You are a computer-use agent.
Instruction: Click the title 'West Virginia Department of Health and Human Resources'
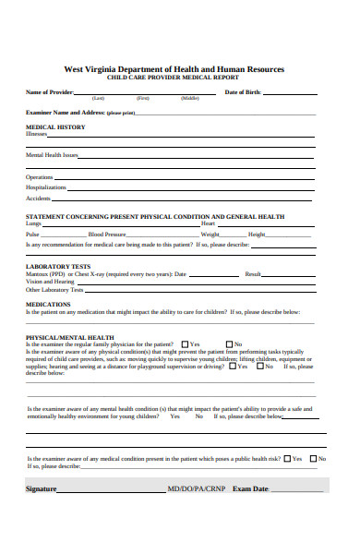[174, 69]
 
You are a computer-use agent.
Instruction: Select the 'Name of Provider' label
[49, 92]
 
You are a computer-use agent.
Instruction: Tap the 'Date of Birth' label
[244, 92]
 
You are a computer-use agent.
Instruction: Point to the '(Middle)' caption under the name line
[190, 98]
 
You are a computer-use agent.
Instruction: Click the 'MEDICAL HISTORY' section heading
[55, 126]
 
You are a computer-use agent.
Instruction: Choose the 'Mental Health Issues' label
[52, 155]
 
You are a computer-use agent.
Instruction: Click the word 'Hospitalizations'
[46, 187]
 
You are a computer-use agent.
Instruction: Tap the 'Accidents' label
[38, 199]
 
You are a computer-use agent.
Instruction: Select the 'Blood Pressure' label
[108, 235]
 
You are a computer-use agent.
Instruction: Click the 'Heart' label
[209, 223]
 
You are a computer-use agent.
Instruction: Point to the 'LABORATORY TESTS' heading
[56, 266]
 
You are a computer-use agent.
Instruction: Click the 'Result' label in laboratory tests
[253, 274]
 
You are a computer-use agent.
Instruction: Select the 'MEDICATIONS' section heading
[48, 304]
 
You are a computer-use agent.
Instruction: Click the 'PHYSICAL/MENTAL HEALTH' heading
[70, 337]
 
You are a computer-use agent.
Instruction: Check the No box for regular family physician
[227, 344]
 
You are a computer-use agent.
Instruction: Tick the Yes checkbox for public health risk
[287, 458]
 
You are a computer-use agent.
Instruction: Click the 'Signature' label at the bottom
[42, 488]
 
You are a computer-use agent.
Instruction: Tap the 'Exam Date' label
[250, 488]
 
